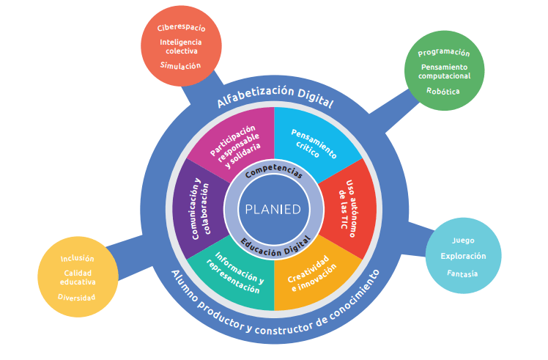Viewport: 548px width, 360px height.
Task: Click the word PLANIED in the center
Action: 273,209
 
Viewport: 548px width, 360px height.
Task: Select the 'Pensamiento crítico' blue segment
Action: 314,144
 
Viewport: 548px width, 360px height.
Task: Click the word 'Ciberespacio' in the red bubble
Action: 181,28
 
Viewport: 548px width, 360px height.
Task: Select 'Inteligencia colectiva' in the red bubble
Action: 181,46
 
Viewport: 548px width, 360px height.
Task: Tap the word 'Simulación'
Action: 181,65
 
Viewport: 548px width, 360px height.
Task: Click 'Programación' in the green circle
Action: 444,53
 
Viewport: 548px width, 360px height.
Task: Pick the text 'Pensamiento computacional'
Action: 444,72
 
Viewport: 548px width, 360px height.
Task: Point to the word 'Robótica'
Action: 443,91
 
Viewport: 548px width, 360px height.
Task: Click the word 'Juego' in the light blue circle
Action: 463,240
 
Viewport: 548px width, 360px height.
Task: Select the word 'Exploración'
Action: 463,257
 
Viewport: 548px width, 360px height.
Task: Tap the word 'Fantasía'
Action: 463,273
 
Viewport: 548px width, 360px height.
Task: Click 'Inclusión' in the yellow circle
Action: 77,258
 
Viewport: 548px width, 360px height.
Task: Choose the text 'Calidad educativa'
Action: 77,277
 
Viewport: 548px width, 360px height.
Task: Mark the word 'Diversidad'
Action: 77,297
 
